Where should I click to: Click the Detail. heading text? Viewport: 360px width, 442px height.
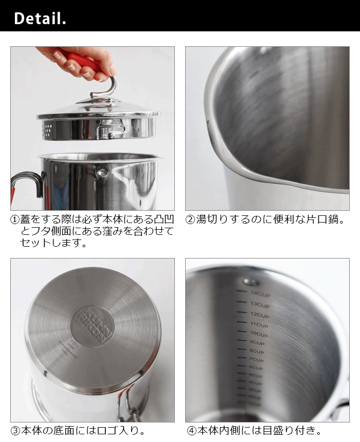40,19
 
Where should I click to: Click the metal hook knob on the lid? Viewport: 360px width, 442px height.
105,88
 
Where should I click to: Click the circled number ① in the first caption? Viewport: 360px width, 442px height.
15,220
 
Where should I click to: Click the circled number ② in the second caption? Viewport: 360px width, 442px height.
190,220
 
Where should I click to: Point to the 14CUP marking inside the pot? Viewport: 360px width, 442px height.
260,294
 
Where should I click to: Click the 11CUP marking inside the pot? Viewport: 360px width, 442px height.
259,325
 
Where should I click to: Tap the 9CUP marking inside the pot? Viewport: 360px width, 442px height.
257,343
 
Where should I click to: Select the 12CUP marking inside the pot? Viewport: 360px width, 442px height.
260,315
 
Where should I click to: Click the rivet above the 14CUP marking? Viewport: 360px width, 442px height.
250,282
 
